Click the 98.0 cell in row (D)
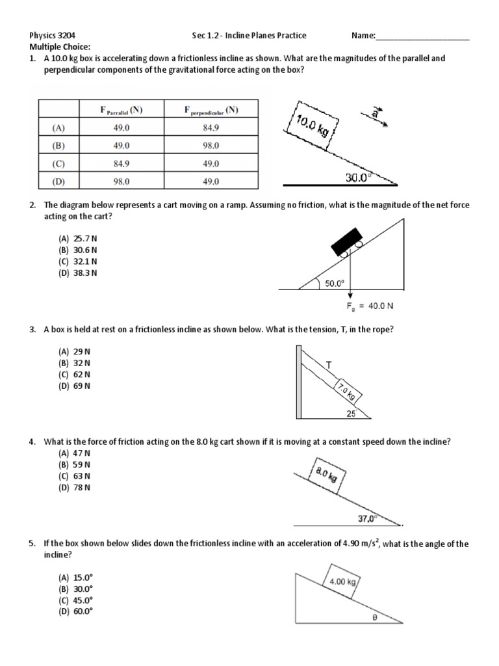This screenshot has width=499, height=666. pos(122,181)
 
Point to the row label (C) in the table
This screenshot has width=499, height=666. pos(59,164)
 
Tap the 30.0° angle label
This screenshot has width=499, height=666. pos(360,176)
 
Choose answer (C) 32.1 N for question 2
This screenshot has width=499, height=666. pos(78,261)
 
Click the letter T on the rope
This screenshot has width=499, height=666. pos(329,366)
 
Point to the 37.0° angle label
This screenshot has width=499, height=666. pos(368,518)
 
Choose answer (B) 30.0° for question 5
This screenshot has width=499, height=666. pos(75,588)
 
